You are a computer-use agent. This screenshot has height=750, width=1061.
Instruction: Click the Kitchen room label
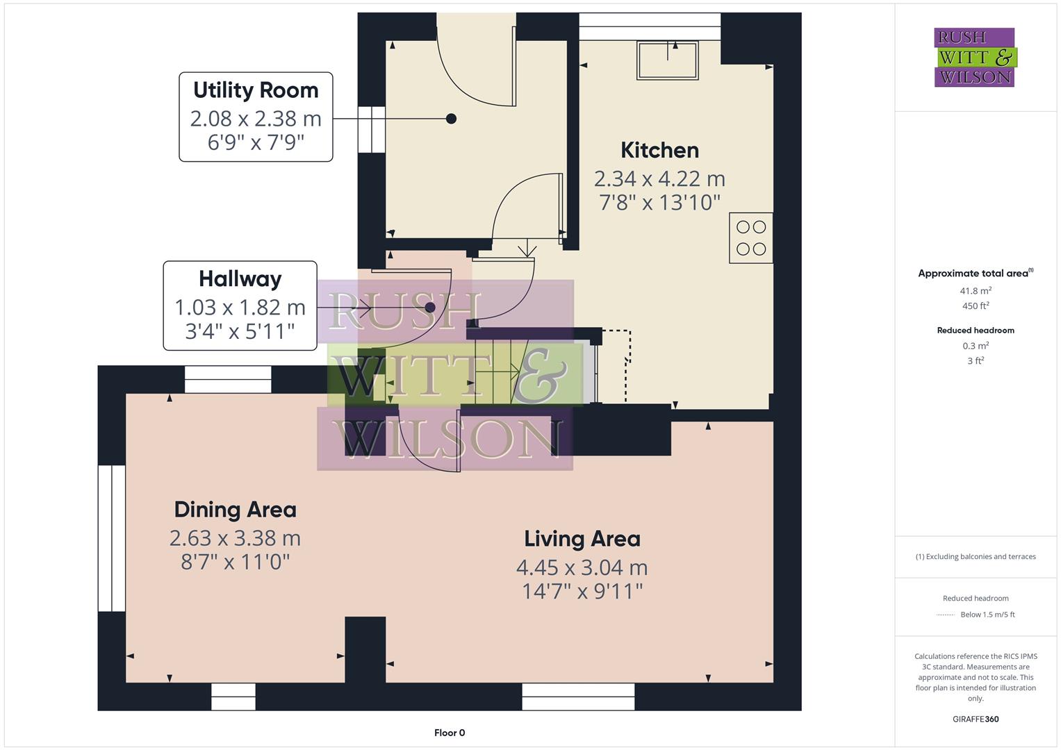click(x=659, y=150)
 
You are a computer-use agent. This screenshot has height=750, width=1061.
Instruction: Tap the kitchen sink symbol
click(x=667, y=60)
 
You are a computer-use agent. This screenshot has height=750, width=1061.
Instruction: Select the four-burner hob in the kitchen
click(x=750, y=238)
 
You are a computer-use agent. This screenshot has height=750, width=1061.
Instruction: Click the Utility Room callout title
click(x=256, y=90)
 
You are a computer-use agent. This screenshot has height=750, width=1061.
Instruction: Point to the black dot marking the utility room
click(x=451, y=119)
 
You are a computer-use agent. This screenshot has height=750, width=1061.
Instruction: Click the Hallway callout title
click(x=240, y=279)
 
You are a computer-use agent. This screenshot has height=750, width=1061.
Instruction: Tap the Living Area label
click(x=582, y=539)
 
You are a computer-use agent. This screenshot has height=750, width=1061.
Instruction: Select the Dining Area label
click(x=235, y=510)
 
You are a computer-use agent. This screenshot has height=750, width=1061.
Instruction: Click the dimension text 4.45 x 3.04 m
click(x=582, y=567)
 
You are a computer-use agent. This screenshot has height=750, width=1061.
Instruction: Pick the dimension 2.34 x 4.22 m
click(x=659, y=179)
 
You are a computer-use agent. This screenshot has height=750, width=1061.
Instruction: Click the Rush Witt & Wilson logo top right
click(x=974, y=58)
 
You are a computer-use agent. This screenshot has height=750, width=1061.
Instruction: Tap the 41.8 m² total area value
click(x=975, y=291)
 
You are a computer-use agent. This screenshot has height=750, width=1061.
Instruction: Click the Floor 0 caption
click(x=449, y=733)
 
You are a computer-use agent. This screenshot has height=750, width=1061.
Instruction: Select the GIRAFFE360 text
click(x=975, y=719)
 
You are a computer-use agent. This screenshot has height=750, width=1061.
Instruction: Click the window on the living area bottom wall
click(x=578, y=697)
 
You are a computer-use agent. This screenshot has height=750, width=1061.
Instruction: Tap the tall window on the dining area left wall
click(x=111, y=538)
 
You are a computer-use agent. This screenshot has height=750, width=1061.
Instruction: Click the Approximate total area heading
click(x=975, y=274)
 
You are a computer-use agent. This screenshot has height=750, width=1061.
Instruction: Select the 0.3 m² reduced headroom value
click(x=975, y=346)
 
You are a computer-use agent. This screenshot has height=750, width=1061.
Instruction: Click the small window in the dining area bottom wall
click(x=233, y=697)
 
